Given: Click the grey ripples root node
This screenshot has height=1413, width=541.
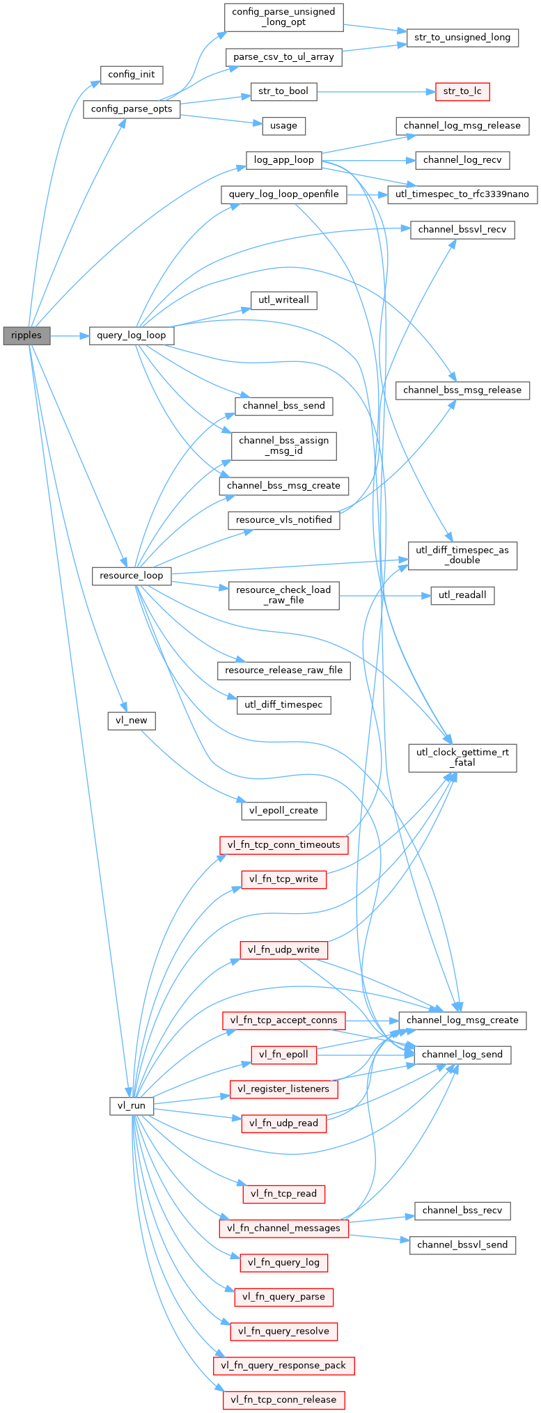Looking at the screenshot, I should [x=26, y=336].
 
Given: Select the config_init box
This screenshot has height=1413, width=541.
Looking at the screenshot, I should [x=132, y=74].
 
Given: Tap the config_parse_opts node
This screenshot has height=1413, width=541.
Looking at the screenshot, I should [x=132, y=109].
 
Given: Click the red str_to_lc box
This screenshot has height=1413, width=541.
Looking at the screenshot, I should [x=462, y=91].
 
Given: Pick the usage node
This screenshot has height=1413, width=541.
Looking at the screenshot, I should [x=283, y=126].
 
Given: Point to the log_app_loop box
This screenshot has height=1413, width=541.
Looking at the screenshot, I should [x=283, y=160].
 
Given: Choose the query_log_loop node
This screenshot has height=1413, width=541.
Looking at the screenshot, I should [x=131, y=336].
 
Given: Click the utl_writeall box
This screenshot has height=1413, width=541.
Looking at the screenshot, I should [x=283, y=300].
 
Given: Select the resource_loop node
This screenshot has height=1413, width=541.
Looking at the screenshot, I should [x=131, y=576].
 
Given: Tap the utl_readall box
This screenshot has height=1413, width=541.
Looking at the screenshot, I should [x=462, y=595].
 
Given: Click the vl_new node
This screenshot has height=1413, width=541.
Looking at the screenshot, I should [x=132, y=720].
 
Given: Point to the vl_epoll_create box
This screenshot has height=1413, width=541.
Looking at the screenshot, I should [x=283, y=810].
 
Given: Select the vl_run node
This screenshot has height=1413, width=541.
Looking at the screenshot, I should [x=132, y=1105].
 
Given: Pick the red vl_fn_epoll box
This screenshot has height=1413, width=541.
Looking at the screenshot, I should [x=283, y=1055].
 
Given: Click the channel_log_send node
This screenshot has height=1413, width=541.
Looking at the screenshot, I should [x=462, y=1055].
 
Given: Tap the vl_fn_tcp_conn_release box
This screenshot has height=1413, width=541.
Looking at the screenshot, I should [x=283, y=1400].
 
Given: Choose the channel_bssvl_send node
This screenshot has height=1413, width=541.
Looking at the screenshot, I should [x=462, y=1245].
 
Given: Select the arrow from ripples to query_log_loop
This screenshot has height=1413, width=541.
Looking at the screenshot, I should [x=70, y=336].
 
